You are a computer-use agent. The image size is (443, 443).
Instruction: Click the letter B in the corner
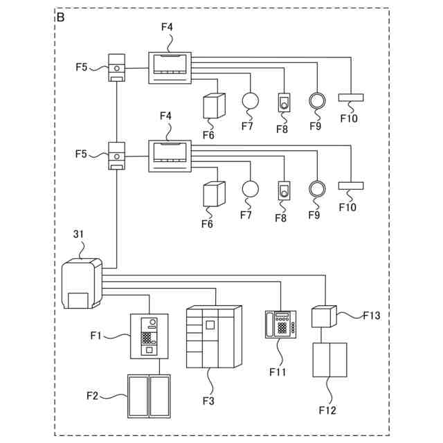tap(60, 17)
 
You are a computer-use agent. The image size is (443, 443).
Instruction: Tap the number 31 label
tap(78, 234)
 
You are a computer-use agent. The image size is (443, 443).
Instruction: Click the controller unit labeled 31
tap(82, 283)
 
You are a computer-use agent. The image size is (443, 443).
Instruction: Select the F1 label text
tap(96, 335)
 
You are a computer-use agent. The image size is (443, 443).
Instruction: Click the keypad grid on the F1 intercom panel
tap(146, 338)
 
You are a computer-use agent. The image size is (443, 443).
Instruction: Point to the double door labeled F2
tap(149, 396)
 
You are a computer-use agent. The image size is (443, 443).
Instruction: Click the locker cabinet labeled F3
tap(214, 337)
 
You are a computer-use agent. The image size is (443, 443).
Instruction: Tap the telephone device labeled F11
tap(280, 325)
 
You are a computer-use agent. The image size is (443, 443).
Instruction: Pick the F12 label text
tap(327, 410)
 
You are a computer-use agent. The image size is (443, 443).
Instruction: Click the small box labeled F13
tap(324, 316)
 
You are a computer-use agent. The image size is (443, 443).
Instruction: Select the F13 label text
tap(372, 316)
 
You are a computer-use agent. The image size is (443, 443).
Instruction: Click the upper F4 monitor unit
tap(170, 68)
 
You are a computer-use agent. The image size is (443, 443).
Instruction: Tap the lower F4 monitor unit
tap(170, 156)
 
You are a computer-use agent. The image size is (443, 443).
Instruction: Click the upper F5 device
tap(117, 68)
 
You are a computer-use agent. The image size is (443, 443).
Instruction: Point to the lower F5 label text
tap(81, 154)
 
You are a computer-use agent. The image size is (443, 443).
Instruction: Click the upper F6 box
tap(214, 106)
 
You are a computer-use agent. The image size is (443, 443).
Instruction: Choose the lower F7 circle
tap(251, 188)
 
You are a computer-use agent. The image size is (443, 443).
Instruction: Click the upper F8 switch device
tap(284, 102)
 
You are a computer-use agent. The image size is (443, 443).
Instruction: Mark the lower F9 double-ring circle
tap(317, 188)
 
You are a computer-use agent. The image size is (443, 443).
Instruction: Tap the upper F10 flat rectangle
tap(351, 98)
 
